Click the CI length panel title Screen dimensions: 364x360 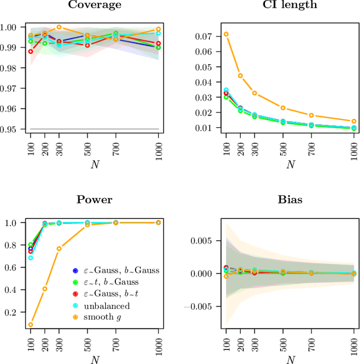tap(290, 5)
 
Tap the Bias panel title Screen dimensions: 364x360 tap(290, 200)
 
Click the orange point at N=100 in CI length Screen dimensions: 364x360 tap(226, 34)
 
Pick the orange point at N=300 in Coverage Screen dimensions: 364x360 tap(59, 27)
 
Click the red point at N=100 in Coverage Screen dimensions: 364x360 tap(30, 51)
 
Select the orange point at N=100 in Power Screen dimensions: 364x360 tap(30, 325)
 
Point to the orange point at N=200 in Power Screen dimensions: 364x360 tap(45, 289)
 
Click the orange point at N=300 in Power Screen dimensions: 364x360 tap(59, 249)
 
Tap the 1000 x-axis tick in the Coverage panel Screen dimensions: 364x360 tap(159, 150)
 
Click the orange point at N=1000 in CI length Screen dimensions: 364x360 tap(354, 121)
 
